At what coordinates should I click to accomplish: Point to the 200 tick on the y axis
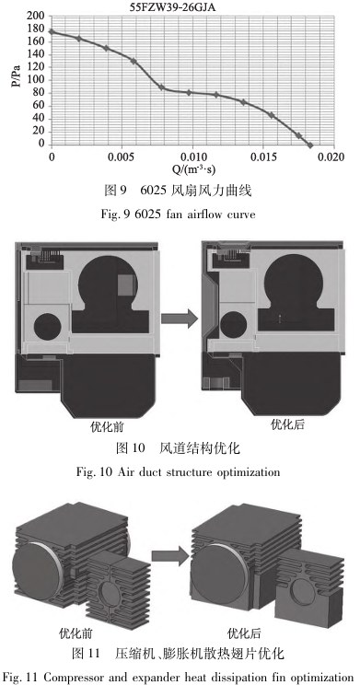[35, 17]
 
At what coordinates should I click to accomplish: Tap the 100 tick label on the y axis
[35, 80]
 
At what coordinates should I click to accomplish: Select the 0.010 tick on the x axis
[192, 157]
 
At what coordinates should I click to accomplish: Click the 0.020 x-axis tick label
[331, 157]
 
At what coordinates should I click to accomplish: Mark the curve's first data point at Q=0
[52, 32]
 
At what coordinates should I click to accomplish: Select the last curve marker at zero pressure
[309, 145]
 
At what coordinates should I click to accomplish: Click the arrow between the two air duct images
[180, 319]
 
